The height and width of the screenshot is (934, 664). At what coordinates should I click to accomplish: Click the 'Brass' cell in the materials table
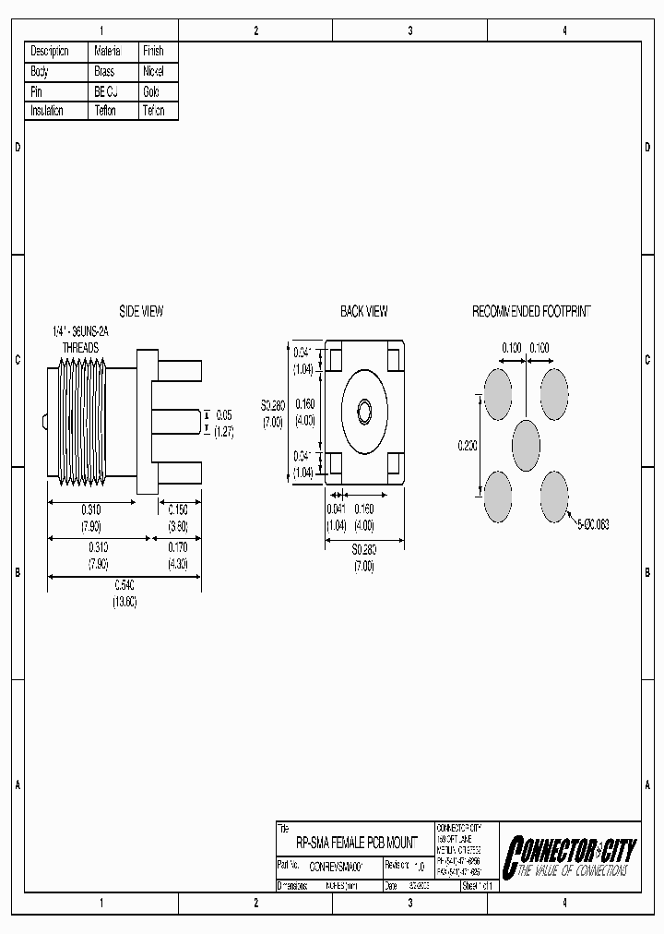[x=104, y=71]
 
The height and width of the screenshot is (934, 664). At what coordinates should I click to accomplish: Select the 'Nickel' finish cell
[x=153, y=71]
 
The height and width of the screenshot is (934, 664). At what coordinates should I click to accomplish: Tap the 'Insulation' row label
[x=47, y=111]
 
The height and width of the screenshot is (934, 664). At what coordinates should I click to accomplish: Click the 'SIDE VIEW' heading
[x=141, y=312]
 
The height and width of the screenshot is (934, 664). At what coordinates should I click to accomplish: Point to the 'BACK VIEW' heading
[x=363, y=312]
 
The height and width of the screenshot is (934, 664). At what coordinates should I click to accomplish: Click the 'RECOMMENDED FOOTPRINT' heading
[x=530, y=312]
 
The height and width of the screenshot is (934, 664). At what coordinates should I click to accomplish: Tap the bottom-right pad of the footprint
[x=554, y=495]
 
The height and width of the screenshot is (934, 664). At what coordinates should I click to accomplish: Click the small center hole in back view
[x=363, y=412]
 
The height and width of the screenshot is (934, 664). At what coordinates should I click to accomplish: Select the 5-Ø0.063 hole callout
[x=592, y=524]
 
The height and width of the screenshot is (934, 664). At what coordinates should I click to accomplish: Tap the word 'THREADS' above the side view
[x=81, y=347]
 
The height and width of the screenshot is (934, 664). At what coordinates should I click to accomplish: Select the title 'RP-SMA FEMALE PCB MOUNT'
[x=356, y=844]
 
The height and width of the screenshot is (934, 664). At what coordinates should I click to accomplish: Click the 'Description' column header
[x=50, y=52]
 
